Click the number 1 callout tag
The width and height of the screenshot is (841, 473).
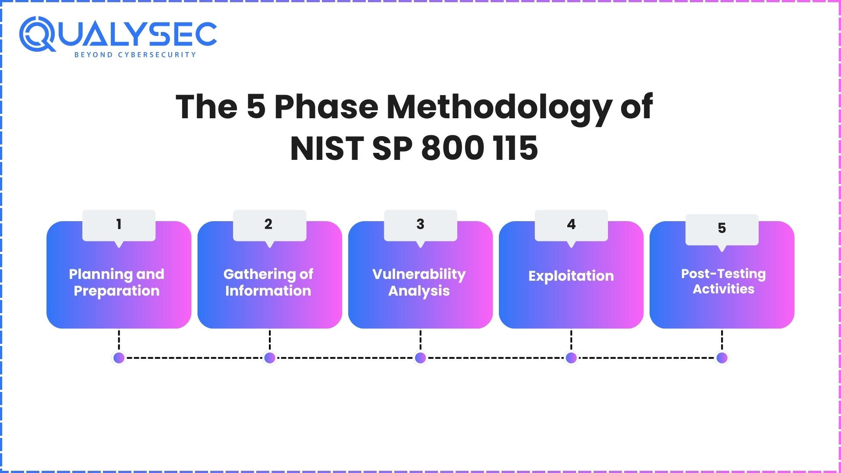point(119,225)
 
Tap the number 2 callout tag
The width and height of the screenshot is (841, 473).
point(269,225)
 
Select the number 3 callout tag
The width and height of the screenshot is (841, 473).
point(420,225)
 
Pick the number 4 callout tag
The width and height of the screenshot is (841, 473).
point(571,225)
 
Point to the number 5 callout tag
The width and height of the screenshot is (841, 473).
point(722,229)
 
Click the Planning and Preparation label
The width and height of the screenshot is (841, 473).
point(117,282)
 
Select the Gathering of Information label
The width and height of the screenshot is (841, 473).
point(268,282)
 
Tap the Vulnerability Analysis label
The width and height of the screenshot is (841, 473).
point(419,282)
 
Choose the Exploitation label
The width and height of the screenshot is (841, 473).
point(571,276)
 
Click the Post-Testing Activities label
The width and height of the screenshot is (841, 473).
point(723,281)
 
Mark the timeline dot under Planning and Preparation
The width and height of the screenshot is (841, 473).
point(119,358)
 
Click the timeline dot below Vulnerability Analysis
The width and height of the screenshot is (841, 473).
point(420,358)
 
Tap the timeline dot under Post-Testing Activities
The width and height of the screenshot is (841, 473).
point(722,358)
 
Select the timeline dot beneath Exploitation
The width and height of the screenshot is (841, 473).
point(571,358)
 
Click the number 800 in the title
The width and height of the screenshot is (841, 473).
point(452,148)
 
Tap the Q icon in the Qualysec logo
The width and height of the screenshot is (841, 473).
point(37,34)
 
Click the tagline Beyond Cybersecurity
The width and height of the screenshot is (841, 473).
point(135,55)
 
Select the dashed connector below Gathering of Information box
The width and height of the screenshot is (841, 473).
point(269,340)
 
